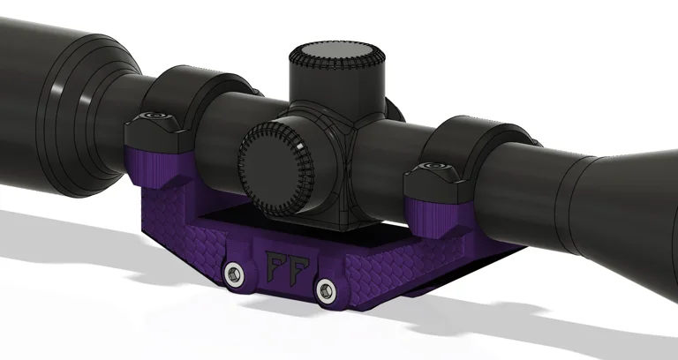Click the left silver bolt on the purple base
(234, 274)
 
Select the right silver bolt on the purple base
(327, 288)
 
